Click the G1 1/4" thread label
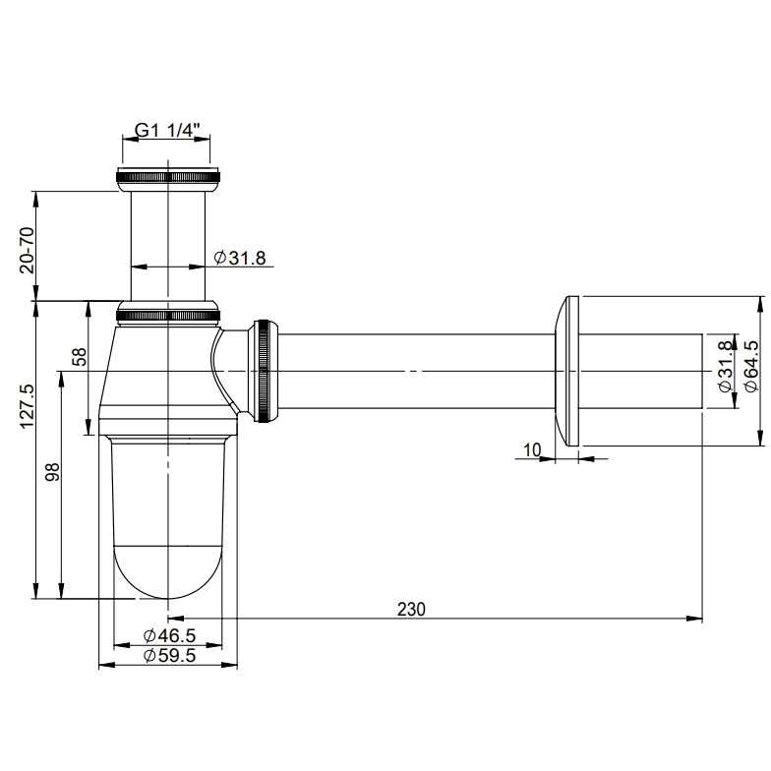tap(167, 130)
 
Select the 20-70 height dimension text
tap(28, 250)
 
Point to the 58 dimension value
tap(79, 357)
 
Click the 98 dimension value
tap(52, 472)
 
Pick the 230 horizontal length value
tap(411, 610)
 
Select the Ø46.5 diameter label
tap(169, 635)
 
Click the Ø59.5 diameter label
tap(169, 655)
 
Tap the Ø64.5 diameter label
tap(751, 366)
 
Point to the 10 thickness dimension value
tap(532, 449)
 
